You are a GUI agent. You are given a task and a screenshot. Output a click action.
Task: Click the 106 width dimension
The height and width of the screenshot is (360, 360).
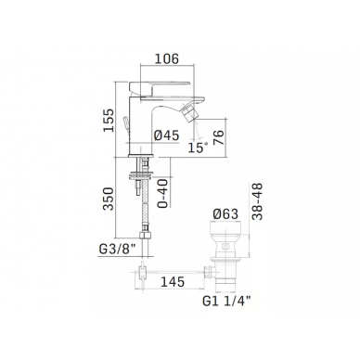[166, 58]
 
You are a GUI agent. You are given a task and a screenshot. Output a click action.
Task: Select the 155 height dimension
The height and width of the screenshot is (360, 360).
[109, 121]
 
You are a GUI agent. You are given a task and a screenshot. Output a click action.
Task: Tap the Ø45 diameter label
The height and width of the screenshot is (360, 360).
[166, 135]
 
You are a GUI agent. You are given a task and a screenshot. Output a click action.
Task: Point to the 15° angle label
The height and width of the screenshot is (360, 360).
[198, 148]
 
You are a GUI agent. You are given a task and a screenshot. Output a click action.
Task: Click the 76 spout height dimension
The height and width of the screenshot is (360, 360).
[218, 138]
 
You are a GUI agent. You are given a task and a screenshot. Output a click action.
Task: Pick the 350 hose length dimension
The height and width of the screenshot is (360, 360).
[109, 199]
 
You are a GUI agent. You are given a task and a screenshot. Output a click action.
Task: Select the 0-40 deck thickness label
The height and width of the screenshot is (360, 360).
[163, 193]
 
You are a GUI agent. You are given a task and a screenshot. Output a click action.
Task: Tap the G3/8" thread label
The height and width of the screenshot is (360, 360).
[118, 250]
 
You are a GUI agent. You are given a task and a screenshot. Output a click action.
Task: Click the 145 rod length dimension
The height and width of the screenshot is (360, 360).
[173, 282]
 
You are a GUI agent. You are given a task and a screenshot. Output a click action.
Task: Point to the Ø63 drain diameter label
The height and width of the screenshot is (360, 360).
[225, 214]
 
